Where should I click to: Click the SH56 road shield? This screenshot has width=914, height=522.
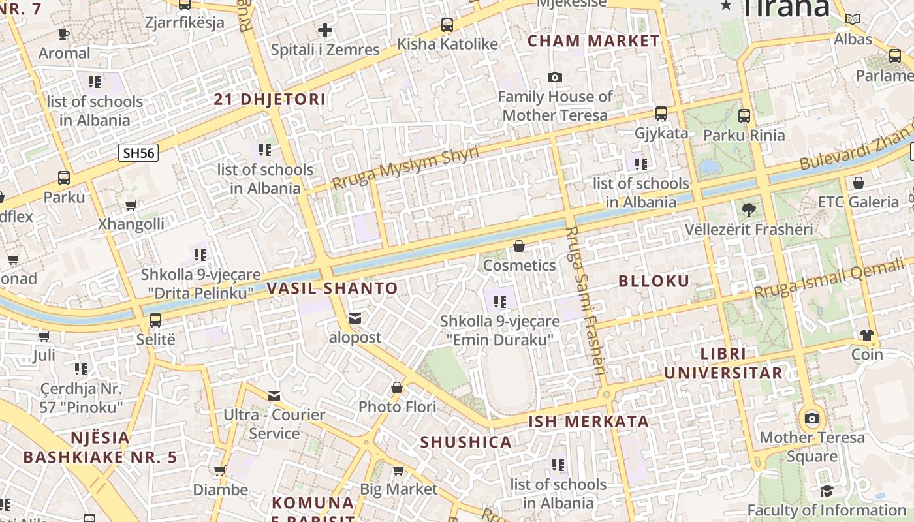pos(139,153)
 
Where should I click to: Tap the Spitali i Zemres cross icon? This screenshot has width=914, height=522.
pos(324,30)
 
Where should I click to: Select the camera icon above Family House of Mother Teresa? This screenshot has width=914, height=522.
pos(554,78)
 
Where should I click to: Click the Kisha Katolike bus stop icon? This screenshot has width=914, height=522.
pos(447,25)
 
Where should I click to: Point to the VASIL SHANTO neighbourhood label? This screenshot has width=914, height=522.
pos(332,288)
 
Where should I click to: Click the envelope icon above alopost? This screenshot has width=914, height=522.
pos(355,318)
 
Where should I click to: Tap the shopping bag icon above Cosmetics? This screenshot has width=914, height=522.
pos(519,246)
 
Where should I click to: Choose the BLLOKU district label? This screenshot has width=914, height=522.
pos(654,281)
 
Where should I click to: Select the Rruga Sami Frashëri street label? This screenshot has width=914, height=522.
pos(586,301)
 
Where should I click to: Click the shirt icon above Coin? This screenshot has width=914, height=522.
pos(866,335)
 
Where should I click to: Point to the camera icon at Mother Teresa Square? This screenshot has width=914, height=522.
pos(812,418)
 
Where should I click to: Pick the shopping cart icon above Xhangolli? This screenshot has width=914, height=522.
pos(131,205)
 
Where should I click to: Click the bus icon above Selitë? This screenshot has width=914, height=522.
pos(155,320)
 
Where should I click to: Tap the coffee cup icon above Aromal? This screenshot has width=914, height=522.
pos(64,34)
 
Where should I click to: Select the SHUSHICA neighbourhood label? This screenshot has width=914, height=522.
pos(465,442)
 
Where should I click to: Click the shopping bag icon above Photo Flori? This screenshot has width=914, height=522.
pos(396,388)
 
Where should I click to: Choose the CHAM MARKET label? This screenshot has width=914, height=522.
pos(593,40)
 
